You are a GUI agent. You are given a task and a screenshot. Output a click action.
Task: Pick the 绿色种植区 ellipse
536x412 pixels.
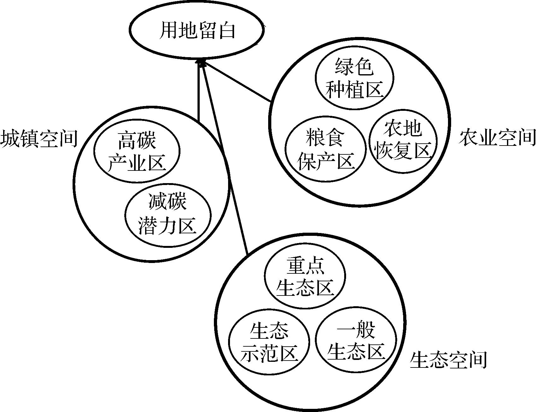point(354,79)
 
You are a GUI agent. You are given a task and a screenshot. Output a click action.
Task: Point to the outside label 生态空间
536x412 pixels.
point(448,360)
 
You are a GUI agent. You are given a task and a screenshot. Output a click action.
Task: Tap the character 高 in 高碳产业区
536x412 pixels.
point(127,141)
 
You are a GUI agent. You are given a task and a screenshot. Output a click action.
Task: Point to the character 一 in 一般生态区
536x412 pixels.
point(345,331)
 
